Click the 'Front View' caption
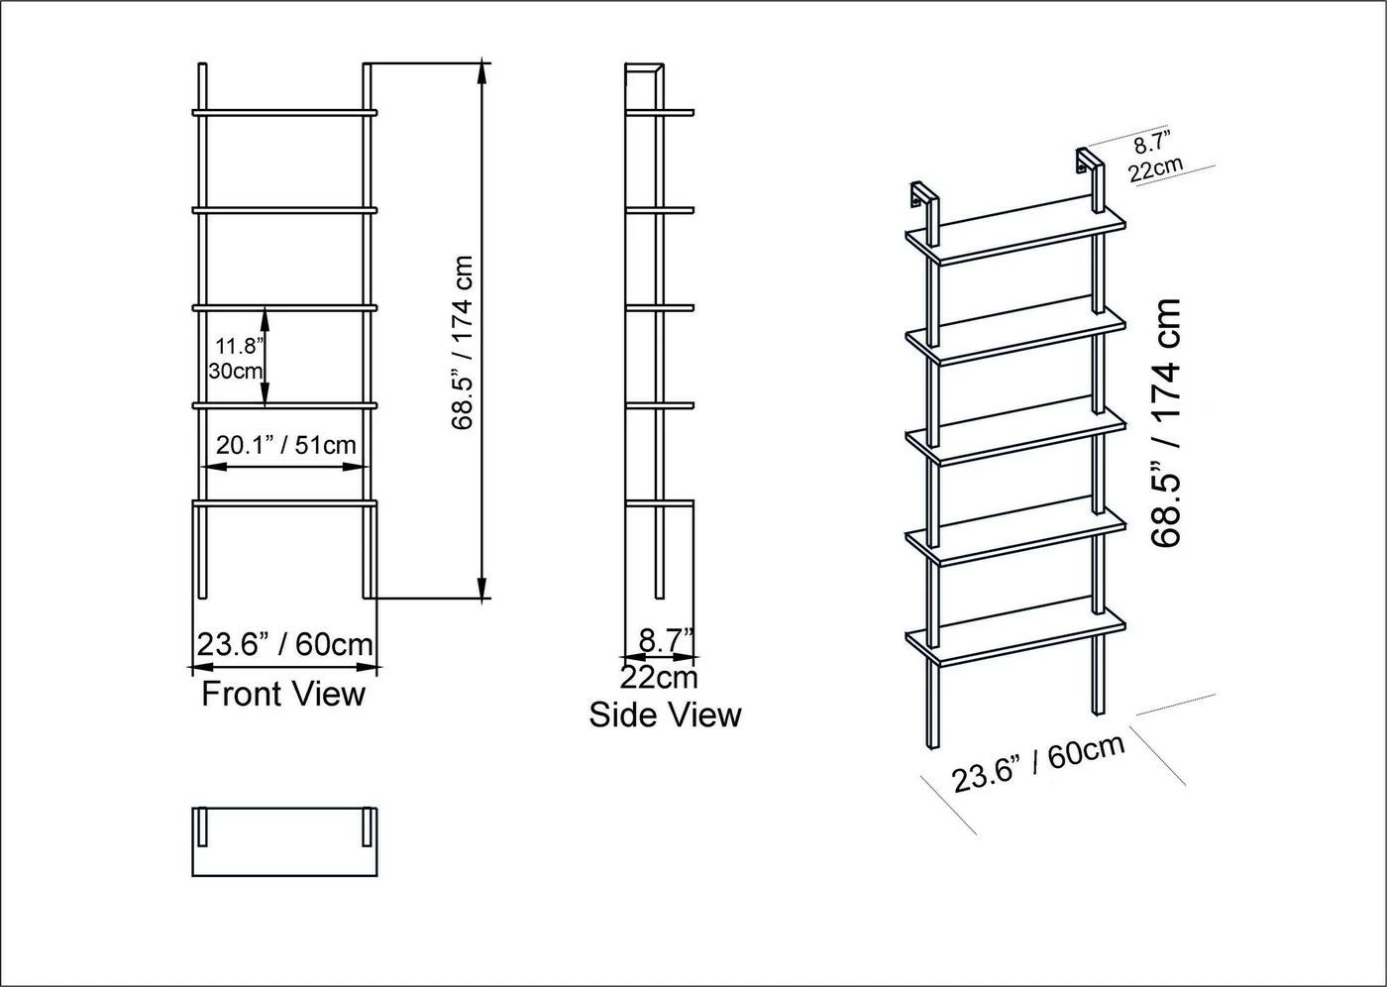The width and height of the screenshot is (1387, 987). pyautogui.click(x=283, y=694)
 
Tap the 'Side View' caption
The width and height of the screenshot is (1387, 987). pyautogui.click(x=665, y=715)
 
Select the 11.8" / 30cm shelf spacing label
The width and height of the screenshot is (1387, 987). pyautogui.click(x=237, y=359)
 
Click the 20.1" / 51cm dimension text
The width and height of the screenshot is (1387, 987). pyautogui.click(x=285, y=445)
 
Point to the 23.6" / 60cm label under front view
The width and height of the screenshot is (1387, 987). pyautogui.click(x=285, y=644)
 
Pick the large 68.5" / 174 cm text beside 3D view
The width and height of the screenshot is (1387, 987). pyautogui.click(x=1167, y=423)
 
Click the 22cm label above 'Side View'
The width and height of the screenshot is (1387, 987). pyautogui.click(x=659, y=678)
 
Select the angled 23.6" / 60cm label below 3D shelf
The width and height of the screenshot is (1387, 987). pyautogui.click(x=1038, y=764)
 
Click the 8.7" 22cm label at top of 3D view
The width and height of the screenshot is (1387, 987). pyautogui.click(x=1155, y=158)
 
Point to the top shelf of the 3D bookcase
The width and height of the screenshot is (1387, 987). pyautogui.click(x=1015, y=232)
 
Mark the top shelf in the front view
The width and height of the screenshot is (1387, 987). pyautogui.click(x=285, y=113)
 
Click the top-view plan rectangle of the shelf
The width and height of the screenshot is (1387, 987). pyautogui.click(x=285, y=841)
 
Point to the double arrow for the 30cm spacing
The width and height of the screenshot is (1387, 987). pyautogui.click(x=266, y=356)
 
